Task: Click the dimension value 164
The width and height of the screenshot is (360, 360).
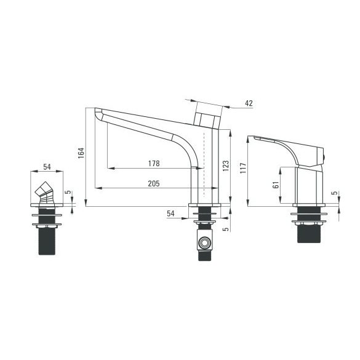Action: point(81,153)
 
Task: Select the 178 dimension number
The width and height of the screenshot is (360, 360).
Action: point(154,164)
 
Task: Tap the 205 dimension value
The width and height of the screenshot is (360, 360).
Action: point(154,183)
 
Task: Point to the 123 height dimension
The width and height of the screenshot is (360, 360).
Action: point(226,166)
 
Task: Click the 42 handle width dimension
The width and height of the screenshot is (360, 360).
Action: point(249,103)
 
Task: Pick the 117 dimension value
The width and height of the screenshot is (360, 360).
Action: point(243,168)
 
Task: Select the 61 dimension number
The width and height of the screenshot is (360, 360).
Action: point(276,185)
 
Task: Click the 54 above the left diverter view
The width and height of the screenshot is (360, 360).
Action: point(47,167)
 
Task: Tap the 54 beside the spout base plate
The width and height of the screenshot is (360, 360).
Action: point(170,214)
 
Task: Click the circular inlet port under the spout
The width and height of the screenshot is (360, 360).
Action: point(204,242)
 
